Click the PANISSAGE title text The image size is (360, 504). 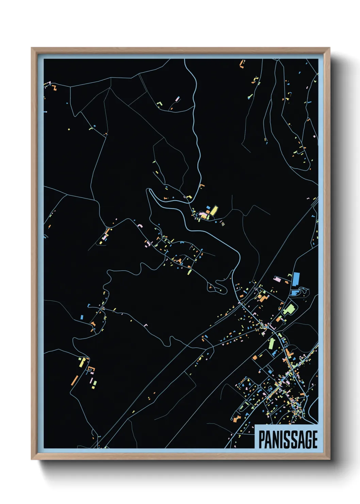click(288, 439)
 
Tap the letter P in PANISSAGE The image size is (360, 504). click(262, 439)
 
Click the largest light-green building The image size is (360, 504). click(289, 309)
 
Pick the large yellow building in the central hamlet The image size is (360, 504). click(214, 210)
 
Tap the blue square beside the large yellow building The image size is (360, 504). click(208, 207)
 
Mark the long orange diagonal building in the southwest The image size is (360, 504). click(74, 380)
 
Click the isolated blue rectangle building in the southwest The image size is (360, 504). click(82, 317)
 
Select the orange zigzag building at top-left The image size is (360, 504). click(54, 88)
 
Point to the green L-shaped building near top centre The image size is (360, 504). click(159, 103)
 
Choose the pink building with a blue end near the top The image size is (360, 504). click(177, 99)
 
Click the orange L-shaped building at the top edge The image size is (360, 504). click(242, 64)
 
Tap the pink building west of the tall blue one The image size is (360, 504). click(278, 279)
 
